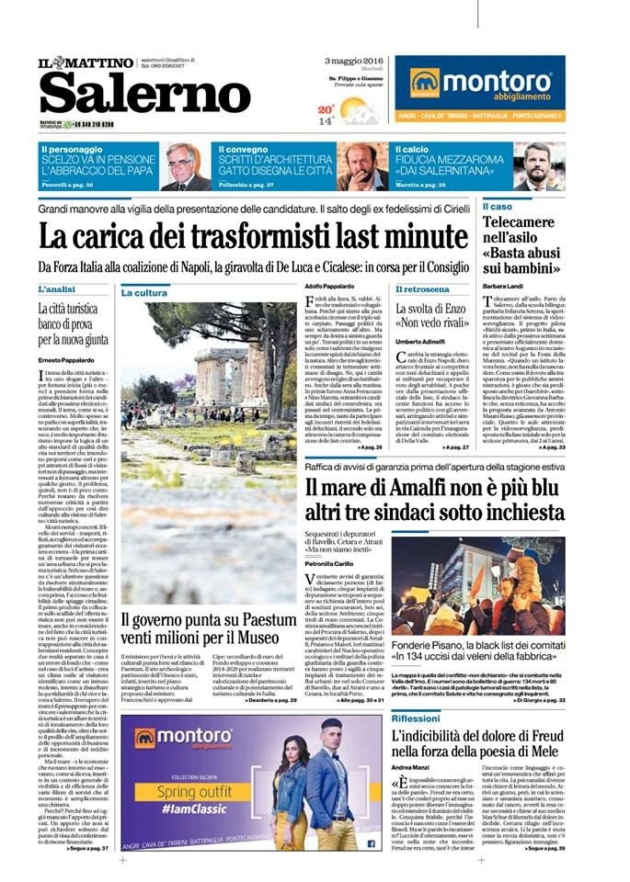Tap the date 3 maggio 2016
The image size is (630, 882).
(353, 60)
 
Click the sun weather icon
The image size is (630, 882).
(355, 109)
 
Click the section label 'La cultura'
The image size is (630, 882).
(143, 293)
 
